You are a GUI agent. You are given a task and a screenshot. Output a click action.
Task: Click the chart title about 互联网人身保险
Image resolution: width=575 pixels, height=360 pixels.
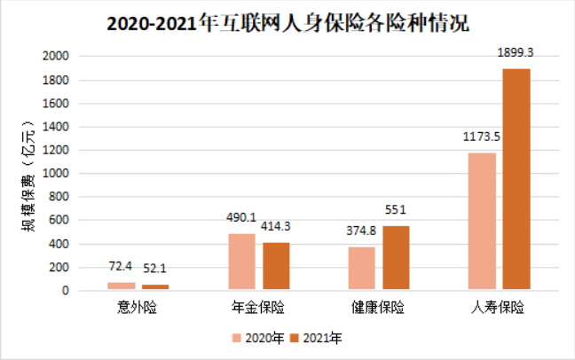(288, 20)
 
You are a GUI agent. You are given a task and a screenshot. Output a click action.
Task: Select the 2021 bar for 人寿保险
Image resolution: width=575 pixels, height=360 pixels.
(516, 179)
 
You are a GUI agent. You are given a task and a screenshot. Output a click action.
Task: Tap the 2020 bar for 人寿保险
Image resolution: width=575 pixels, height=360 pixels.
(482, 222)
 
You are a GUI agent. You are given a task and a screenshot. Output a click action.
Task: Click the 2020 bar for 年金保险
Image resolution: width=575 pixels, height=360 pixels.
(241, 262)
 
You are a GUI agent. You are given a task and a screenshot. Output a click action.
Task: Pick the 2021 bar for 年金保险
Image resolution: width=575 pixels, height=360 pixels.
(276, 266)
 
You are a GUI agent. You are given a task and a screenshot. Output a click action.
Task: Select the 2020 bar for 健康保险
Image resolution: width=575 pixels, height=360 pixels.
(361, 268)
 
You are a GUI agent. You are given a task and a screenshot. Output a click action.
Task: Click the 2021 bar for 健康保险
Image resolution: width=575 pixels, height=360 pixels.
(396, 258)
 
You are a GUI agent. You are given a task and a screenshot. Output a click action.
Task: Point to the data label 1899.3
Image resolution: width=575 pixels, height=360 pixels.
(516, 55)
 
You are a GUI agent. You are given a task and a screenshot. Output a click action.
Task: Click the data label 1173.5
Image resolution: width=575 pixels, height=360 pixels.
(482, 138)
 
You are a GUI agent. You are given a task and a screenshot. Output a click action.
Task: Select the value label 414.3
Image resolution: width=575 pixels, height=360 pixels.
(276, 228)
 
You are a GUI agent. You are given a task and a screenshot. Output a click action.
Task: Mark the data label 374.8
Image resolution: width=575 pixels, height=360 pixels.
(361, 232)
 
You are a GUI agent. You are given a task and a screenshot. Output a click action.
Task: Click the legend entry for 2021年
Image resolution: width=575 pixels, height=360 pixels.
(316, 338)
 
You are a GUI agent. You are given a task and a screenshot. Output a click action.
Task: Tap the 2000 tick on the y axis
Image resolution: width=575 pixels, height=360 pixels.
(56, 56)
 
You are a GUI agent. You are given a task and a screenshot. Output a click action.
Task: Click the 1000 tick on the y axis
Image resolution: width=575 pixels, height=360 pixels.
(56, 174)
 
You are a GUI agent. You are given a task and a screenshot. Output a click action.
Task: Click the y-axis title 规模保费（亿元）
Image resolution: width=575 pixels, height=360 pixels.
(28, 177)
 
